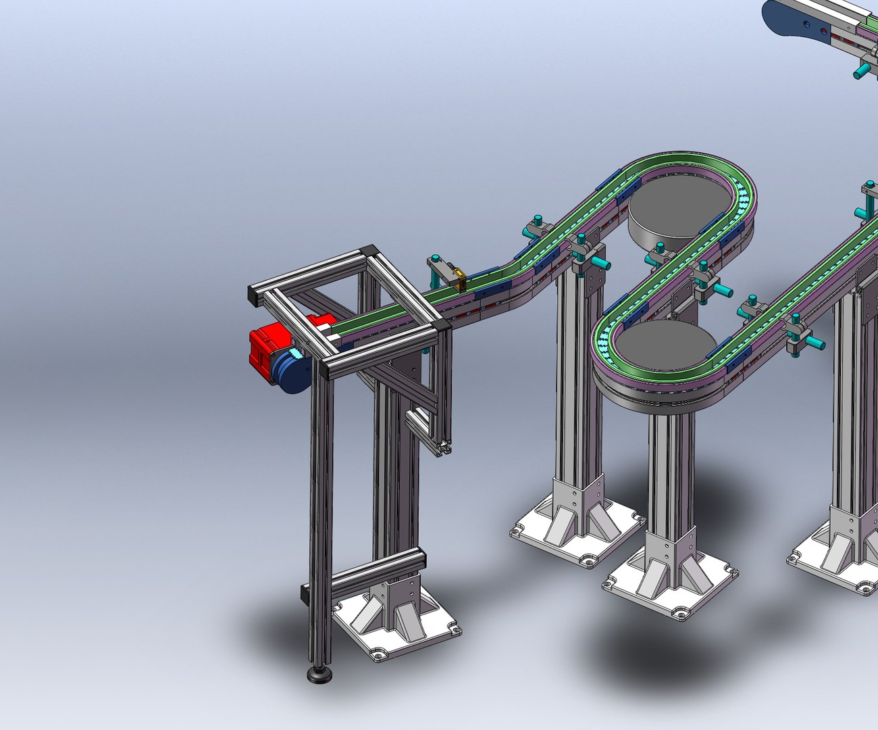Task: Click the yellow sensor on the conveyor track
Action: click(460, 278)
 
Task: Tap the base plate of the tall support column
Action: click(578, 534)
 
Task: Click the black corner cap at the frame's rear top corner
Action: click(369, 251)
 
